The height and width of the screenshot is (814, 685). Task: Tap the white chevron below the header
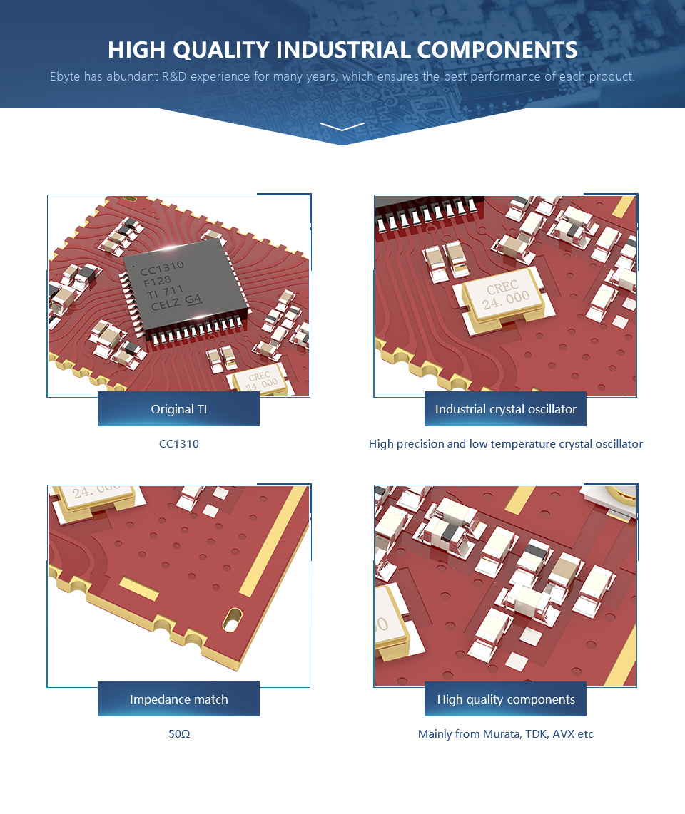342,127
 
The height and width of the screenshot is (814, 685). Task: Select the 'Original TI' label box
178,409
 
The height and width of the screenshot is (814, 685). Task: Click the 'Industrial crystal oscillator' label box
505,409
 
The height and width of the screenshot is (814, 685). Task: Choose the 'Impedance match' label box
178,699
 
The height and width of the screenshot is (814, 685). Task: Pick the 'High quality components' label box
505,699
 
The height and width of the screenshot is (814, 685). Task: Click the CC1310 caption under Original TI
178,444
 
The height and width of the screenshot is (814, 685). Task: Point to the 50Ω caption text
179,733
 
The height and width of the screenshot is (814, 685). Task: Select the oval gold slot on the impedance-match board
232,618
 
